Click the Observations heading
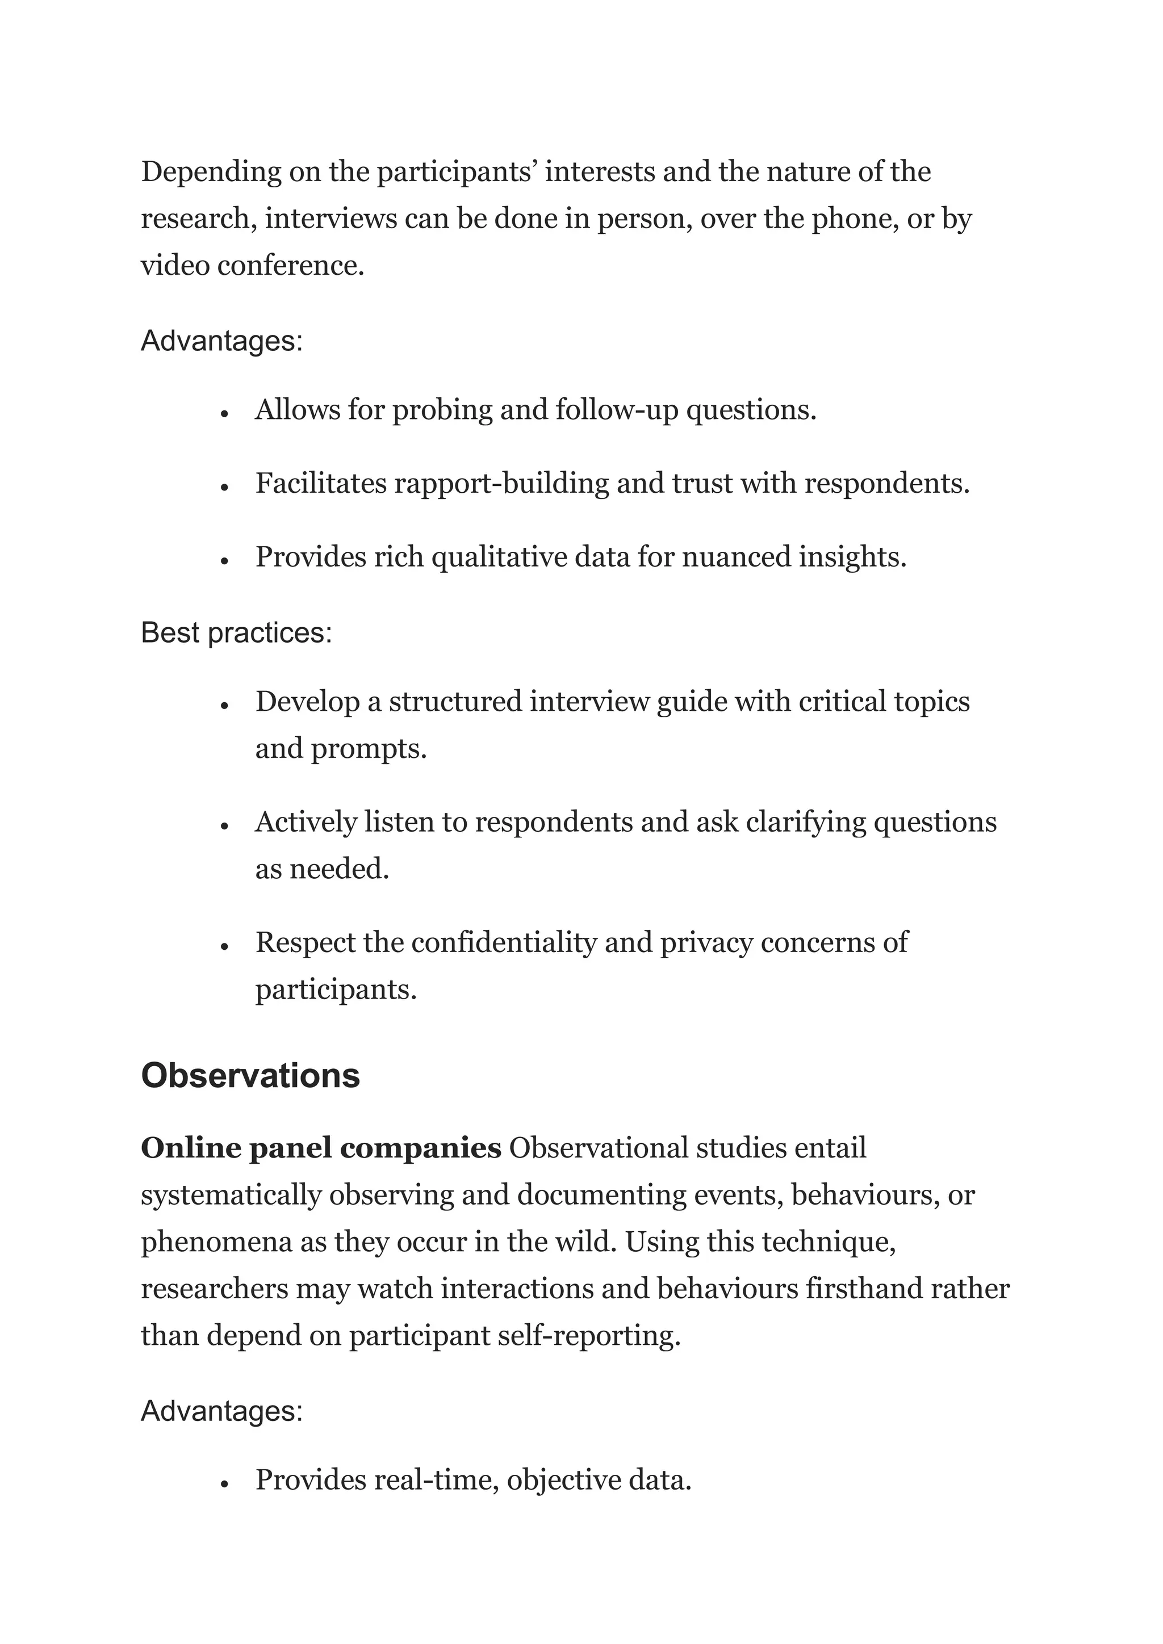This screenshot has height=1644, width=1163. pyautogui.click(x=250, y=1076)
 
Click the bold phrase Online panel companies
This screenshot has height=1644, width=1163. pyautogui.click(x=321, y=1148)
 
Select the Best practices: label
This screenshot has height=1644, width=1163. pyautogui.click(x=236, y=633)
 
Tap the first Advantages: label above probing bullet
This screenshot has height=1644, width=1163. pyautogui.click(x=222, y=341)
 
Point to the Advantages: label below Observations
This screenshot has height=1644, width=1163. pyautogui.click(x=222, y=1411)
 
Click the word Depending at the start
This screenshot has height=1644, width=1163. pyautogui.click(x=211, y=173)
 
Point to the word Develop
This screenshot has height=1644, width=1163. pyautogui.click(x=307, y=702)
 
